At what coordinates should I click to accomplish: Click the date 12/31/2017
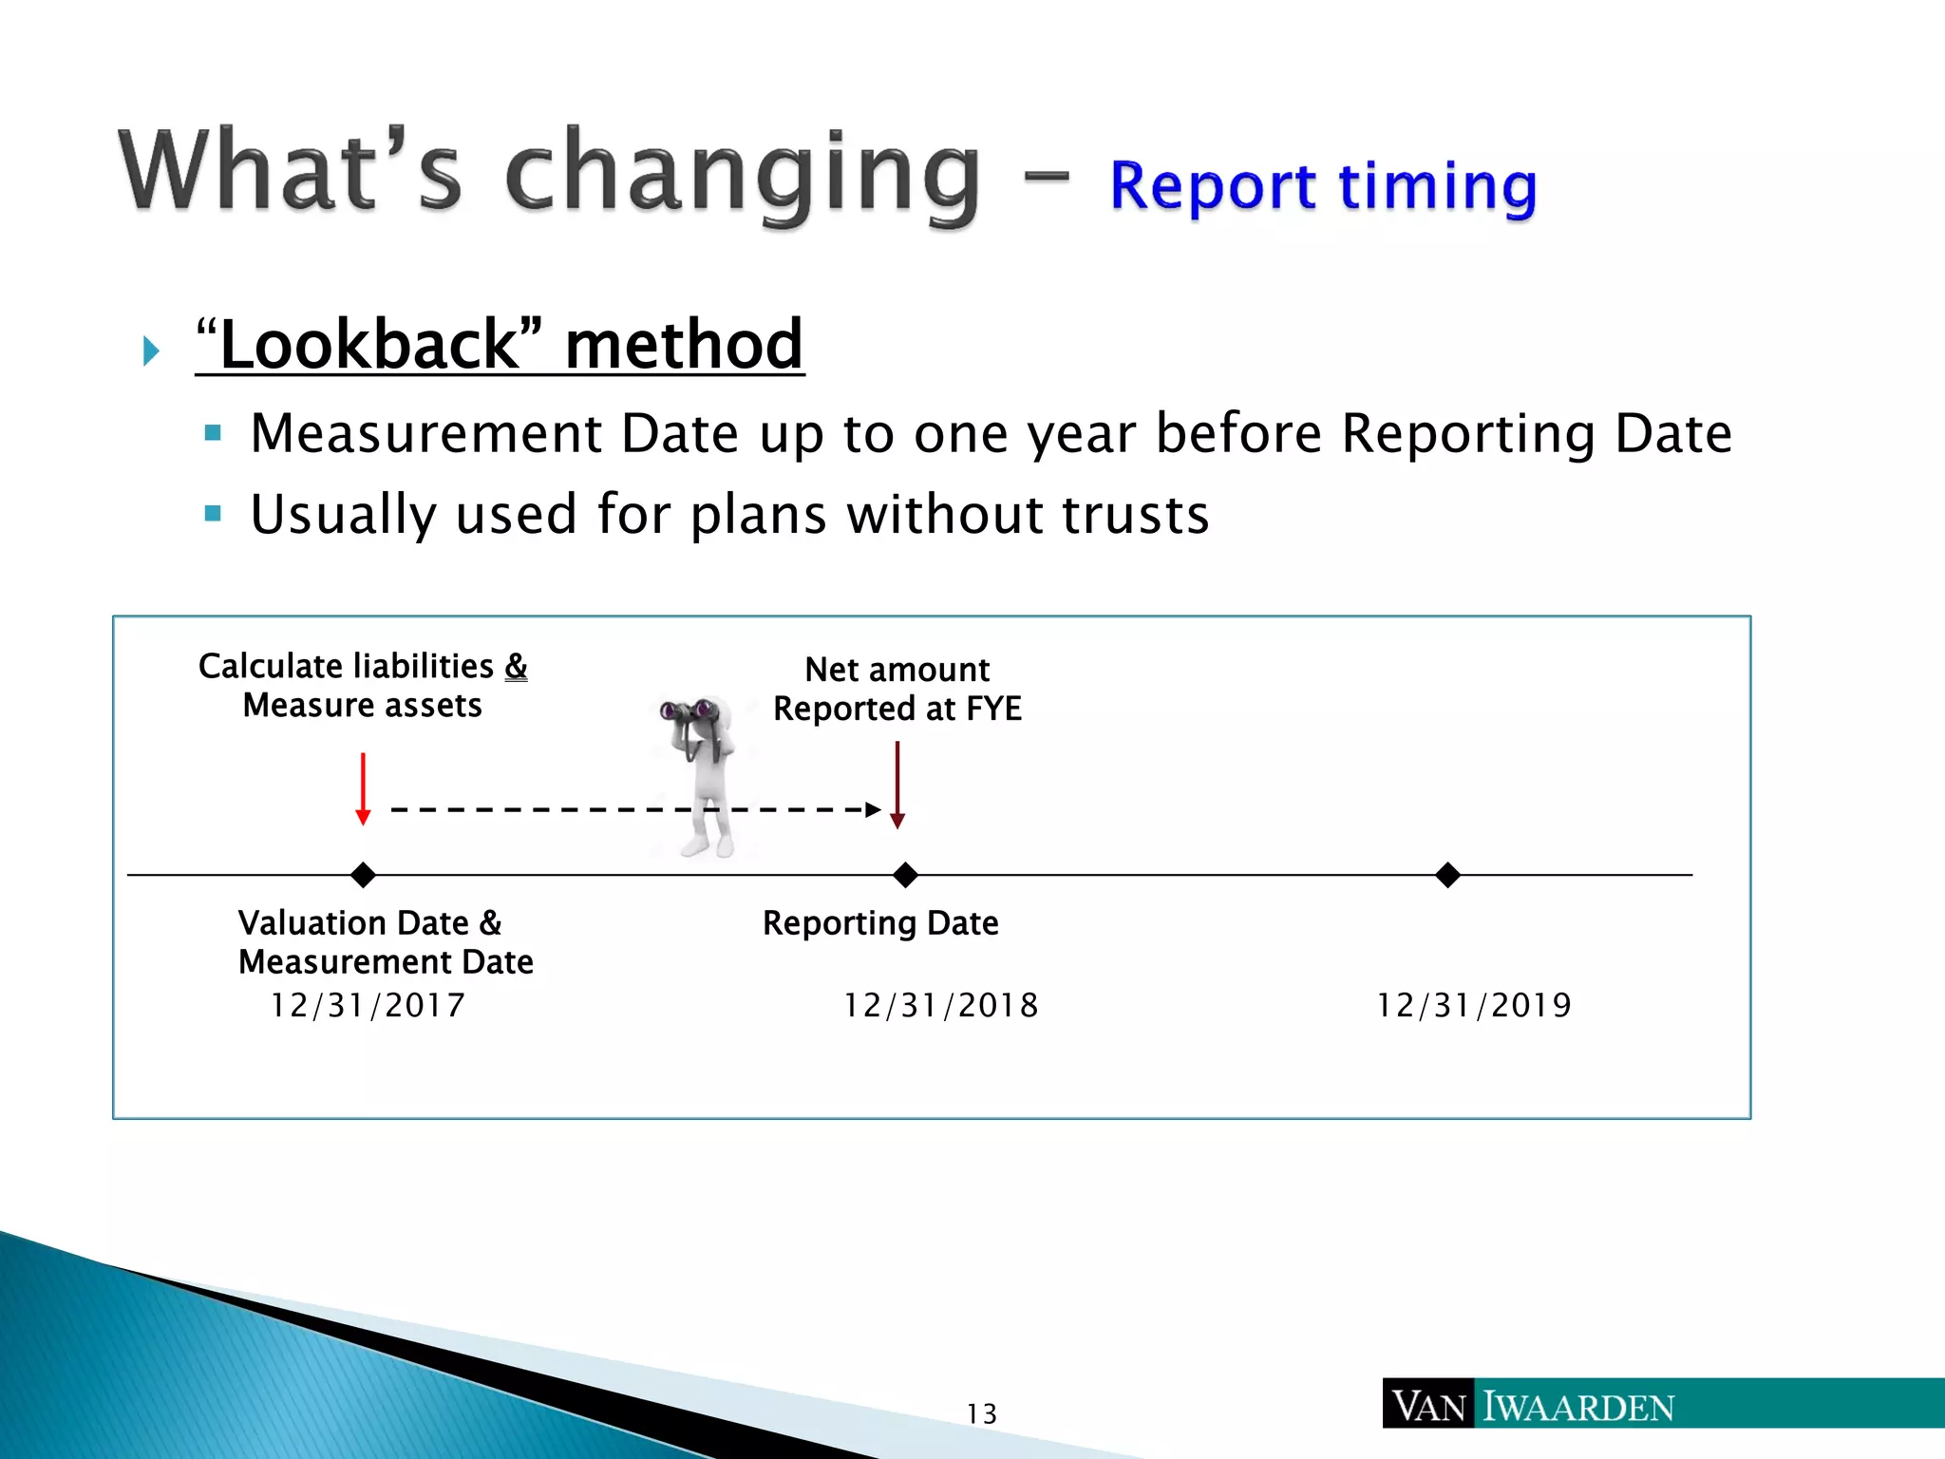[368, 1005]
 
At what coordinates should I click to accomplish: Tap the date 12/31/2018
[941, 1005]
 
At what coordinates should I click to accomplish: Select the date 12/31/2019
[1474, 1005]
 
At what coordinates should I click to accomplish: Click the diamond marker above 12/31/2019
[1447, 875]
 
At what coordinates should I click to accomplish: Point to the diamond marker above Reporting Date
[905, 875]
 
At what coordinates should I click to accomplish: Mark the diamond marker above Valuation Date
[363, 875]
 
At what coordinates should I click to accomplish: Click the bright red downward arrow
[363, 788]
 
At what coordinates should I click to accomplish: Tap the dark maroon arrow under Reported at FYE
[897, 785]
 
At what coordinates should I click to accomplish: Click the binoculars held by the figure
[689, 711]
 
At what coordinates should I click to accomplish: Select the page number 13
[982, 1414]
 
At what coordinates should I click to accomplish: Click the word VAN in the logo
[1429, 1407]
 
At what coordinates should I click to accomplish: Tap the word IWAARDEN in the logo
[1578, 1407]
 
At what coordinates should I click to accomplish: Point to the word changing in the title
[742, 174]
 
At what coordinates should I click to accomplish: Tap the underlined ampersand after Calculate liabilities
[516, 666]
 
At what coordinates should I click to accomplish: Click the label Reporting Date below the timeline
[880, 923]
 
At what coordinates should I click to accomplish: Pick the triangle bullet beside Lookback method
[150, 351]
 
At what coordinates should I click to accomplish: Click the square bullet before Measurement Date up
[213, 434]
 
